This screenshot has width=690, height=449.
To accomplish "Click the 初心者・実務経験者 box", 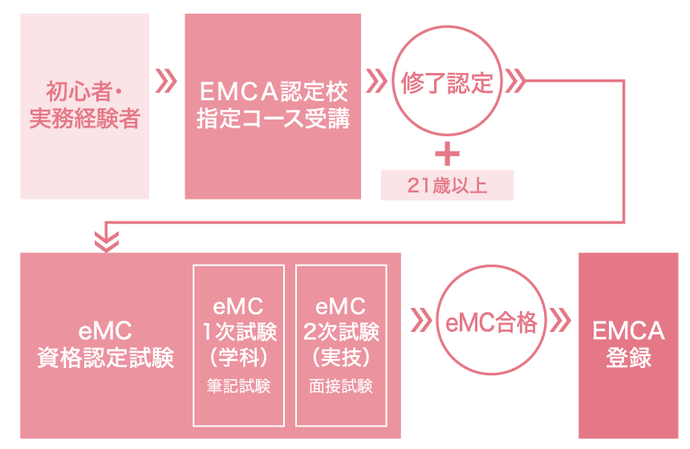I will [x=84, y=107].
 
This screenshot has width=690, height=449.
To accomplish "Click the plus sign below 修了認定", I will [x=447, y=152].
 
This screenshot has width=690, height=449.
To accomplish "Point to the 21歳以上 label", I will [x=447, y=186].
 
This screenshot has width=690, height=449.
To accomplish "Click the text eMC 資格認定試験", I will [x=106, y=344].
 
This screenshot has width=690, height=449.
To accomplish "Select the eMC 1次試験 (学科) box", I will [x=238, y=346].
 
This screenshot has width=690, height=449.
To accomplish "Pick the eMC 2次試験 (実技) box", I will [x=341, y=346].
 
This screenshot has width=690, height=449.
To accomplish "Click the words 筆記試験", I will [x=238, y=386].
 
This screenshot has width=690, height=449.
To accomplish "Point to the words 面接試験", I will [x=341, y=386].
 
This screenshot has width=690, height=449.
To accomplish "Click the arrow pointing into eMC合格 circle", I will [x=420, y=321].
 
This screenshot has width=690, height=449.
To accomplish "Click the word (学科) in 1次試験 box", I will [x=238, y=354].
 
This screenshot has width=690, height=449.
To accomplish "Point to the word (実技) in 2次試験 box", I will [x=341, y=354].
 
